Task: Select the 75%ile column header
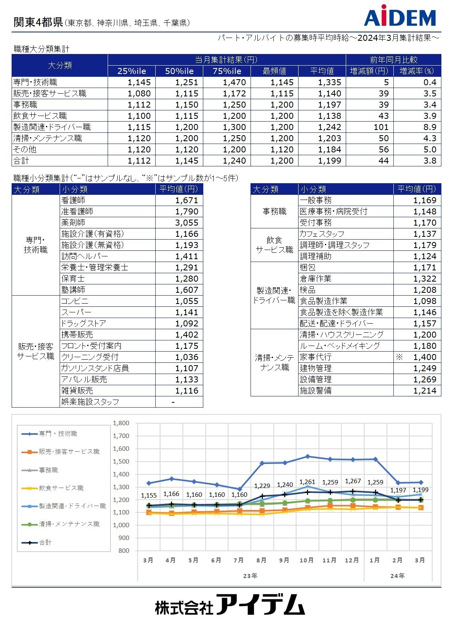pyautogui.click(x=227, y=71)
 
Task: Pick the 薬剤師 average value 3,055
pyautogui.click(x=186, y=223)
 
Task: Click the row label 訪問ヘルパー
pyautogui.click(x=84, y=256)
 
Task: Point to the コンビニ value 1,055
pyautogui.click(x=186, y=301)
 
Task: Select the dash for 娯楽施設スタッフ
pyautogui.click(x=173, y=402)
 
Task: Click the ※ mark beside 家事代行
pyautogui.click(x=399, y=357)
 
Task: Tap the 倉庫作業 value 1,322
pyautogui.click(x=425, y=279)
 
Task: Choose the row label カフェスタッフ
pyautogui.click(x=322, y=234)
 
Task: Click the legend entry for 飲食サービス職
pyautogui.click(x=61, y=488)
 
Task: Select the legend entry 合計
pyautogui.click(x=45, y=542)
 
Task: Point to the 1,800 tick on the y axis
pyautogui.click(x=121, y=423)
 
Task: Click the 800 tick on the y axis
pyautogui.click(x=124, y=551)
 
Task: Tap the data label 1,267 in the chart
pyautogui.click(x=353, y=481)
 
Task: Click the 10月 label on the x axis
pyautogui.click(x=307, y=560)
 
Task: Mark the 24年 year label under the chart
pyautogui.click(x=397, y=576)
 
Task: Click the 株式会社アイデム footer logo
pyautogui.click(x=230, y=605)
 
